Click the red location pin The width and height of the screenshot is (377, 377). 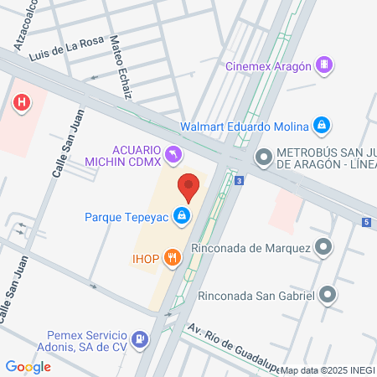(x=188, y=187)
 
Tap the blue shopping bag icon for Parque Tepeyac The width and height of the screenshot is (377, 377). (x=181, y=216)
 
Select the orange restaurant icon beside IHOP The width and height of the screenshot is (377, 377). (x=172, y=257)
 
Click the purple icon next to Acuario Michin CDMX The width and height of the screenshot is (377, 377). (x=172, y=153)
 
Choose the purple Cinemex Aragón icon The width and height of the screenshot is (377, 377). (x=325, y=65)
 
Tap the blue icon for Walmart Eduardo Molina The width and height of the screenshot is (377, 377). (x=321, y=127)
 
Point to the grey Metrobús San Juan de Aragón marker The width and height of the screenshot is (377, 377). (x=264, y=156)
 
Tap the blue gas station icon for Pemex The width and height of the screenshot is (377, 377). (x=140, y=339)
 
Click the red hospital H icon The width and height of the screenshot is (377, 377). (x=23, y=102)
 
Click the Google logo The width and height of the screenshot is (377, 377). (x=28, y=366)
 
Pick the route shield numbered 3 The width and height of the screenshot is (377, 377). (x=240, y=180)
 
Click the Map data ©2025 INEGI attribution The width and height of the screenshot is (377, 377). (x=328, y=370)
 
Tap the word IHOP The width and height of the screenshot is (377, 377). (x=146, y=257)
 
